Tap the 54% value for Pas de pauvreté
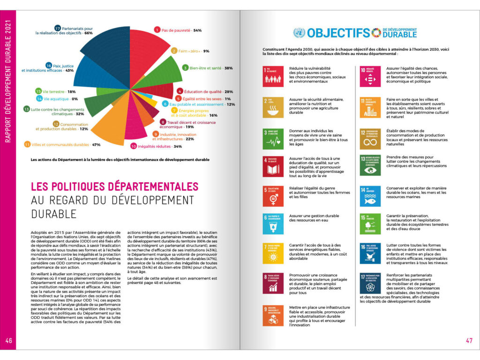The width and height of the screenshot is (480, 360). (197, 30)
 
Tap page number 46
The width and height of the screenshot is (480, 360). (9, 341)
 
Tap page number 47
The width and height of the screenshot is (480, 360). (469, 341)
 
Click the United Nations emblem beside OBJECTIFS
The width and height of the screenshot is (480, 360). (299, 33)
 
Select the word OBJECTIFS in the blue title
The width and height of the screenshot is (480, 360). (338, 33)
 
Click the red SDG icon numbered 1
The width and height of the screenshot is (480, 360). (272, 76)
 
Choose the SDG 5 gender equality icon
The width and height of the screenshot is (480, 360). (272, 196)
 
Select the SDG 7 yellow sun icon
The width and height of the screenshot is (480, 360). (272, 253)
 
